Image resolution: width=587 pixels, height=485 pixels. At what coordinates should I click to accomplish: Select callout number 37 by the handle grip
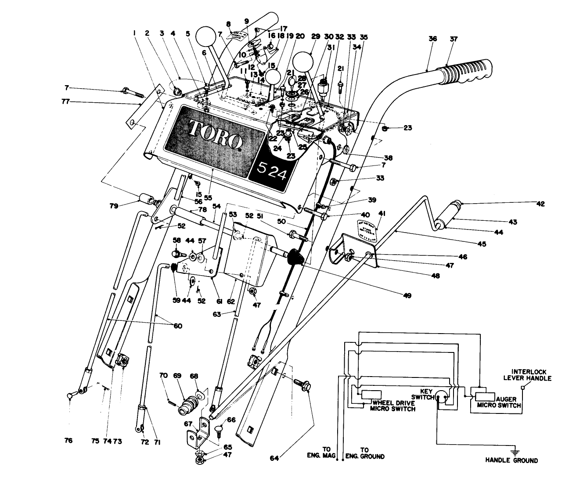(x=454, y=39)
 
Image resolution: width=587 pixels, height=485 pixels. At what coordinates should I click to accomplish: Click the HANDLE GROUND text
(x=511, y=461)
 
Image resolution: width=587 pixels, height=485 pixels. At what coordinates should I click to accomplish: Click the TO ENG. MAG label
(x=326, y=453)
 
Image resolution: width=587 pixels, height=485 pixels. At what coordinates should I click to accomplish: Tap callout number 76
(x=68, y=441)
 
